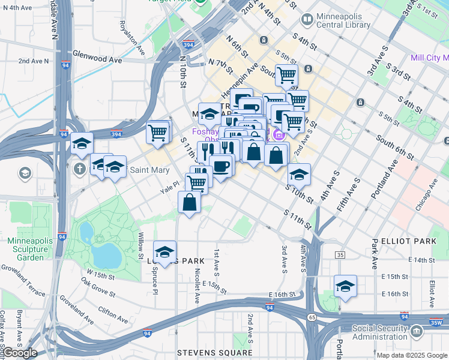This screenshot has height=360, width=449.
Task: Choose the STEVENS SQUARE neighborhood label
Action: coord(215,352)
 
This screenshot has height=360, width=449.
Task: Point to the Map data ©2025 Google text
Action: coord(412,355)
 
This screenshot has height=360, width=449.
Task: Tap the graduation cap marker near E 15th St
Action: coord(345,286)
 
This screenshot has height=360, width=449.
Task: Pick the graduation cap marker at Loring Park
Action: coord(164,251)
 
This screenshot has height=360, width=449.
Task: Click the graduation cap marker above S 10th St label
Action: coord(299,174)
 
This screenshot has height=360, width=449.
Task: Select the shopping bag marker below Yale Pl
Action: coord(190,202)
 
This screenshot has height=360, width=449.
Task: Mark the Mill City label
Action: coord(429,58)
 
